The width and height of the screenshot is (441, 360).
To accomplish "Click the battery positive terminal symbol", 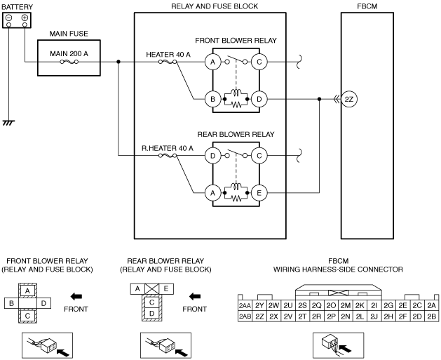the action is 25,18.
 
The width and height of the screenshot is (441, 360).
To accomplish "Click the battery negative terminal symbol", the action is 8,18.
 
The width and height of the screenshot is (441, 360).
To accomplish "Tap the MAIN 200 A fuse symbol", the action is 69,62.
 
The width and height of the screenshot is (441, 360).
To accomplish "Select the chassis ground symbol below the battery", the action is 8,123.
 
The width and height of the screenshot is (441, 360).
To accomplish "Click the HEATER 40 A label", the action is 168,54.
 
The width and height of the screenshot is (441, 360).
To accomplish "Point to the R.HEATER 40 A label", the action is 168,148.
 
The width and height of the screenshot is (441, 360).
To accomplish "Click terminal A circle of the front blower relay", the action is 212,62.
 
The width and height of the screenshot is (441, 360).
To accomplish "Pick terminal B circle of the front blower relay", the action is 212,99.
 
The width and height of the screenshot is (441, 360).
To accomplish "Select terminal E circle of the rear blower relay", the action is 259,193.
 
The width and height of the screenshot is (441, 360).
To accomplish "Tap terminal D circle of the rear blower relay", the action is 212,155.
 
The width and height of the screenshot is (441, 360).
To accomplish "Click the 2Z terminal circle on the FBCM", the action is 349,99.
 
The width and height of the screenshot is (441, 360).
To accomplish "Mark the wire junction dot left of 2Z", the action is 319,99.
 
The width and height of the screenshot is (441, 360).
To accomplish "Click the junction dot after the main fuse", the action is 118,62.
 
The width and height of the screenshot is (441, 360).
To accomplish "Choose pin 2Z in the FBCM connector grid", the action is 259,316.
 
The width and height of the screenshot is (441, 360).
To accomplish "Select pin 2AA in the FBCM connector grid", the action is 245,306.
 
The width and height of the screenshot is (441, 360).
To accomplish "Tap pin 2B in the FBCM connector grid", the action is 432,316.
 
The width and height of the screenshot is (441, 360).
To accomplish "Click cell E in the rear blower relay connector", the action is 166,289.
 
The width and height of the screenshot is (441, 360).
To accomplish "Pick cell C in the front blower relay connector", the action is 27,316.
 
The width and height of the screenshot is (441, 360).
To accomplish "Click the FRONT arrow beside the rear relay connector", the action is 195,296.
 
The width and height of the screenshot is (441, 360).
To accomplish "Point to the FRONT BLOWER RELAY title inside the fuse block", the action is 236,41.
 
